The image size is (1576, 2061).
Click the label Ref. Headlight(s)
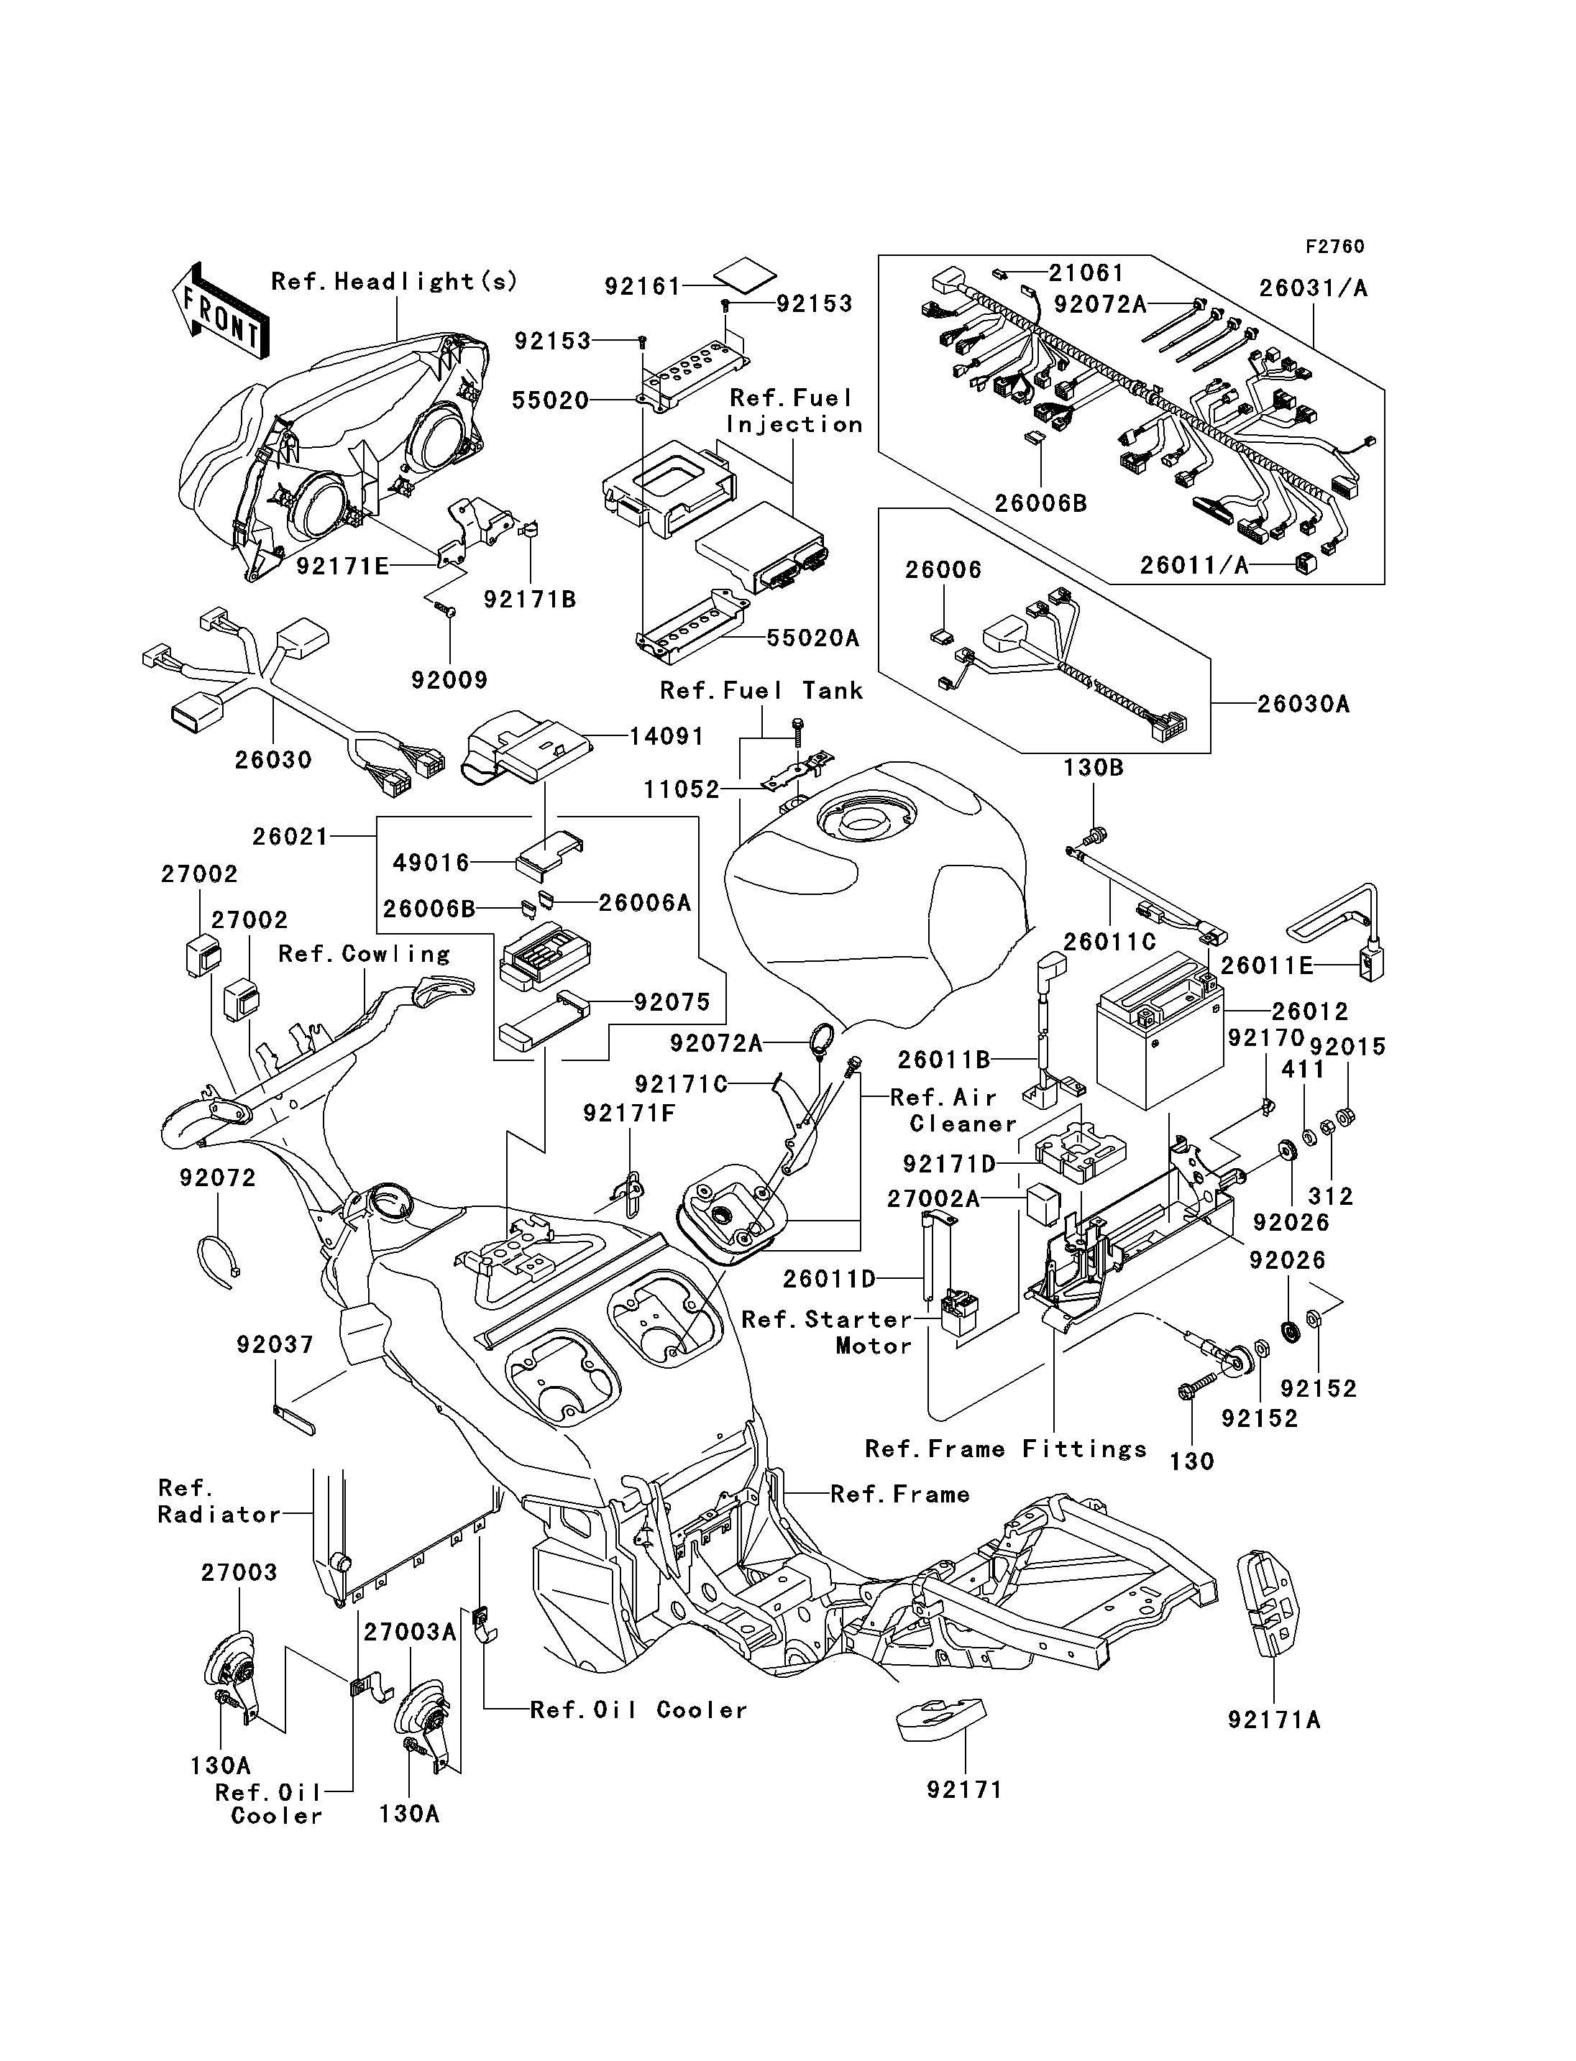click(x=394, y=281)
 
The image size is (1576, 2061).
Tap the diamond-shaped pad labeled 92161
click(x=745, y=277)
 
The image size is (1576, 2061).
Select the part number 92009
click(x=449, y=679)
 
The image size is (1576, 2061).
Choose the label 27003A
click(x=410, y=1633)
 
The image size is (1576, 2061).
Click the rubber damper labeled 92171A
click(x=1268, y=1603)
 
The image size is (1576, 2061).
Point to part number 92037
click(x=275, y=1344)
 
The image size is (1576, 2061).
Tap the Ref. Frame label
click(x=899, y=1495)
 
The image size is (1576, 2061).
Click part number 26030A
click(x=1304, y=704)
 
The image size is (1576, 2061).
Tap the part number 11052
click(x=681, y=789)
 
